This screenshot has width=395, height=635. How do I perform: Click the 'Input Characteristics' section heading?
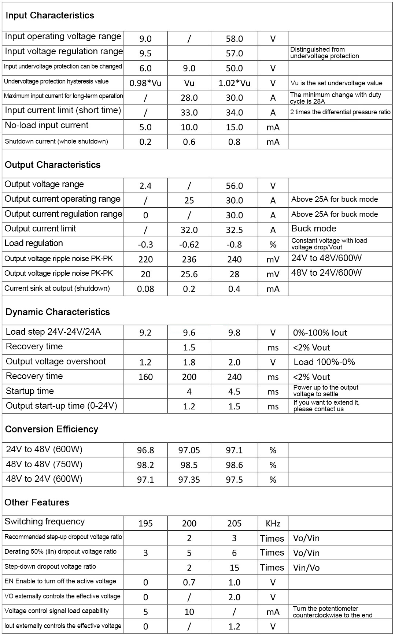pyautogui.click(x=50, y=15)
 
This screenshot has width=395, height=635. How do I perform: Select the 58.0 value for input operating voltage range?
pyautogui.click(x=234, y=39)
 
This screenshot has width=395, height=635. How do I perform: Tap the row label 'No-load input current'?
pyautogui.click(x=47, y=125)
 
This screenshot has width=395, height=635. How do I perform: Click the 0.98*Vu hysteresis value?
pyautogui.click(x=145, y=83)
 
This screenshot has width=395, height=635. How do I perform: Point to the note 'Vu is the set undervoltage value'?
pyautogui.click(x=336, y=83)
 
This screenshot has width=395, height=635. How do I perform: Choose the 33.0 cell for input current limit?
pyautogui.click(x=189, y=112)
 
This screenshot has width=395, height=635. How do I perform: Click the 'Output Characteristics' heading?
pyautogui.click(x=52, y=165)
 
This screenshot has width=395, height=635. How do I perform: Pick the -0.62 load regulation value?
pyautogui.click(x=189, y=245)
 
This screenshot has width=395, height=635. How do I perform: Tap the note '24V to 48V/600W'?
pyautogui.click(x=326, y=258)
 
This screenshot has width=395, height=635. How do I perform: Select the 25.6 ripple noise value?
pyautogui.click(x=189, y=274)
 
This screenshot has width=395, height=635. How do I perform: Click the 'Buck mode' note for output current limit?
pyautogui.click(x=314, y=229)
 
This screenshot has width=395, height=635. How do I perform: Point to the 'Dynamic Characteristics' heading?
pyautogui.click(x=58, y=312)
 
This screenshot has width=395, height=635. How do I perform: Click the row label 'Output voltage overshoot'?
pyautogui.click(x=56, y=361)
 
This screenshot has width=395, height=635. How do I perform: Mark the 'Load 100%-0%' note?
pyautogui.click(x=324, y=362)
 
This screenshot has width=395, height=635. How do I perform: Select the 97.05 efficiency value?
pyautogui.click(x=189, y=450)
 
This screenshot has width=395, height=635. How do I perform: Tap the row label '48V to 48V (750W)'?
pyautogui.click(x=44, y=464)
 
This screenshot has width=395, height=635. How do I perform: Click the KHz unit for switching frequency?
pyautogui.click(x=273, y=524)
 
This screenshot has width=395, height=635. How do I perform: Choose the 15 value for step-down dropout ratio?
pyautogui.click(x=234, y=568)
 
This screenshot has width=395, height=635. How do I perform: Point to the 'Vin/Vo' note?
pyautogui.click(x=306, y=568)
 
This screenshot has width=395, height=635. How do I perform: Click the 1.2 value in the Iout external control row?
pyautogui.click(x=234, y=627)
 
